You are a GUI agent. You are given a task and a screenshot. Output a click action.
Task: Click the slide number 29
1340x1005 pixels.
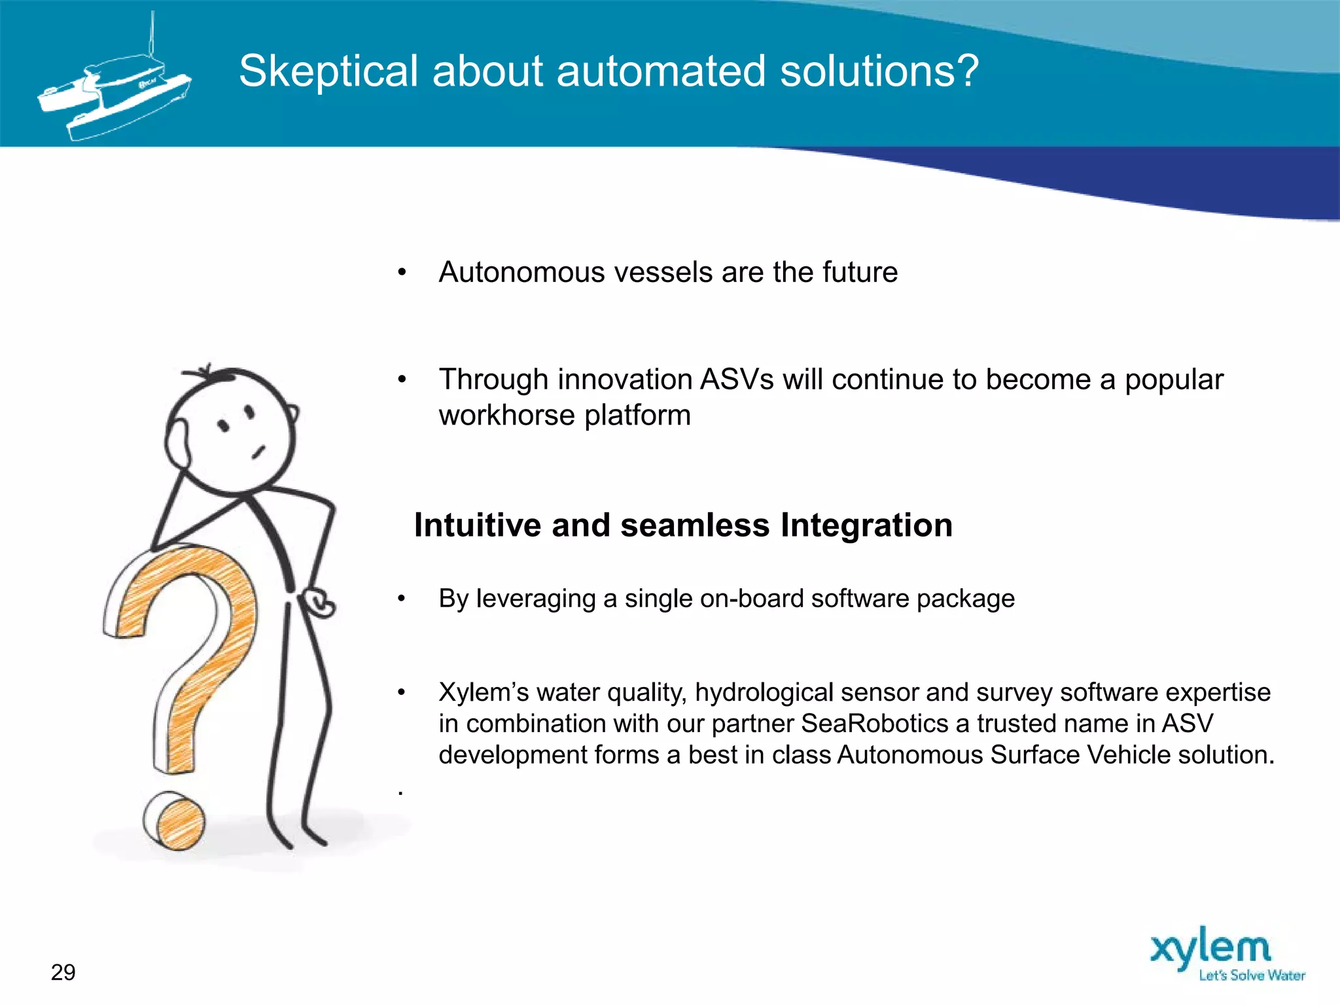pos(63,972)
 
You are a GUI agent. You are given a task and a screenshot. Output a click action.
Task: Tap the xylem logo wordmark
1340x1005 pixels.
pos(1210,949)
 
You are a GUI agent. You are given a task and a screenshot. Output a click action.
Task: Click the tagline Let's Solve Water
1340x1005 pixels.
pos(1251,976)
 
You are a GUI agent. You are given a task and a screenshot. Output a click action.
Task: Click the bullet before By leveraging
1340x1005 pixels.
pos(402,599)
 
